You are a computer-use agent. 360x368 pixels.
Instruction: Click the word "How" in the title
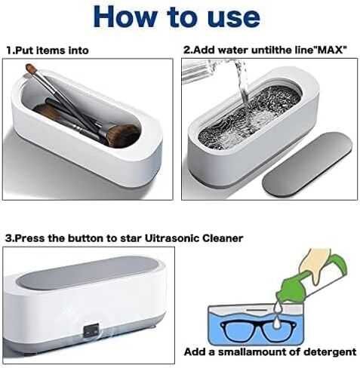click(125, 17)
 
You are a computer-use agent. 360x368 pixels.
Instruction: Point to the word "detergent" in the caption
click(330, 352)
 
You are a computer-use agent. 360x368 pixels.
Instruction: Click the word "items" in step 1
click(48, 51)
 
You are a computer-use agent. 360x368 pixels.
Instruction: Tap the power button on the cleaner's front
click(91, 331)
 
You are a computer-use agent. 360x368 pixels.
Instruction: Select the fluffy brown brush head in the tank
click(122, 135)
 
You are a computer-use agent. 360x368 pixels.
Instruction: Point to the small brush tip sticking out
click(31, 69)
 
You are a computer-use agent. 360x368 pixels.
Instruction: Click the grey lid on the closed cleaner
click(88, 271)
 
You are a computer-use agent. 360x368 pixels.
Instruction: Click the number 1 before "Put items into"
click(9, 51)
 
